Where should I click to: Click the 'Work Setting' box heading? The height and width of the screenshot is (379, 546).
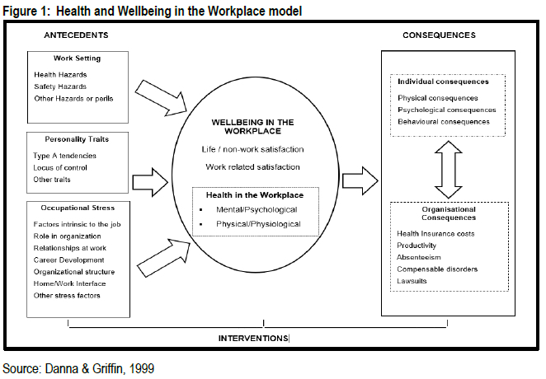tap(78, 59)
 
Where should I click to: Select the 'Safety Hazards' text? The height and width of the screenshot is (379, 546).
tap(60, 87)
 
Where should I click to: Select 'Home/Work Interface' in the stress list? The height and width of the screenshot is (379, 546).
tap(70, 283)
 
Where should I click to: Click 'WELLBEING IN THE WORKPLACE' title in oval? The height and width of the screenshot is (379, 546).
tap(252, 127)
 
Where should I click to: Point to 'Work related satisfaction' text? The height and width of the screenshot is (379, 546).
tap(252, 167)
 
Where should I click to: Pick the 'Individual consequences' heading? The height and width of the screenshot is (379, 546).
tap(443, 82)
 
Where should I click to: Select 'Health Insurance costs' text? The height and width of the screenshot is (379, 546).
tap(435, 234)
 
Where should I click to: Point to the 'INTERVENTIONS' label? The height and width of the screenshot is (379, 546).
tap(253, 339)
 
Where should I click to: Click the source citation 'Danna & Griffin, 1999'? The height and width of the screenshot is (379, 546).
tap(78, 368)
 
